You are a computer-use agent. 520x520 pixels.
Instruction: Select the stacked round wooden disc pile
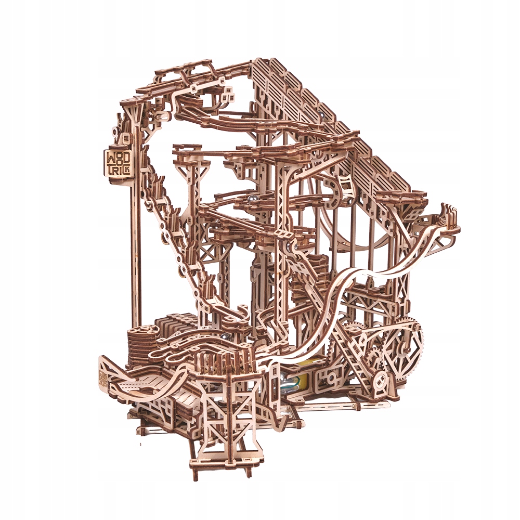point(142,343)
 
